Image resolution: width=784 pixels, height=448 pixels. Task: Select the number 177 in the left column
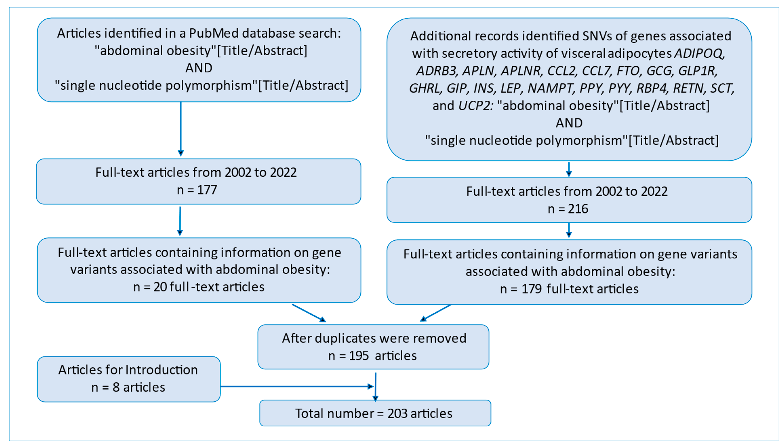point(207,190)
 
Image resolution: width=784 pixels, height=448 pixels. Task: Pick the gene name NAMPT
point(550,88)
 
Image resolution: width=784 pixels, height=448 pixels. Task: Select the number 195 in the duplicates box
point(359,356)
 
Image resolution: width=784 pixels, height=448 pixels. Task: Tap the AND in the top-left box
point(199,68)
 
